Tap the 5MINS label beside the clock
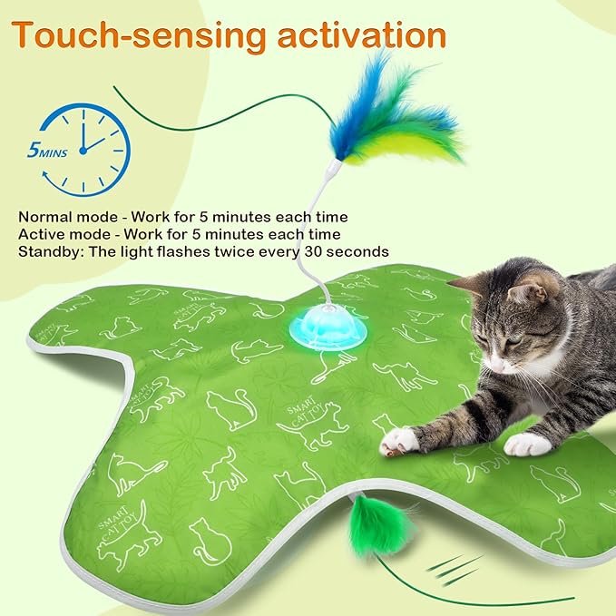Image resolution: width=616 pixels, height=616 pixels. [x=45, y=151]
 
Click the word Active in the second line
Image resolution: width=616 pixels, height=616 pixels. [x=40, y=234]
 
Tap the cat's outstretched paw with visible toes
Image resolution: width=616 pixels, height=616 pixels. [x=399, y=441]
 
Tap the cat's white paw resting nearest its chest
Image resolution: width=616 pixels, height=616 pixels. [x=527, y=445]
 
